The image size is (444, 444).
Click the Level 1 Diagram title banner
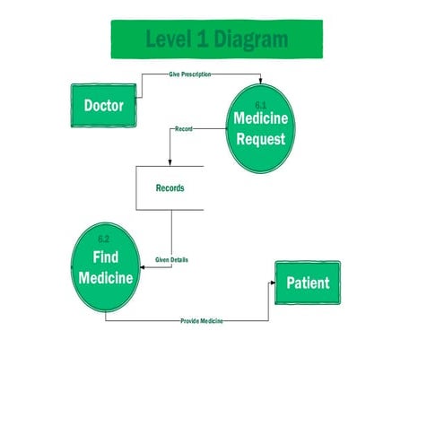pyautogui.click(x=217, y=40)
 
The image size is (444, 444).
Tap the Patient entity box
pyautogui.click(x=307, y=283)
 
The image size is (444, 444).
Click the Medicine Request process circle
pyautogui.click(x=259, y=127)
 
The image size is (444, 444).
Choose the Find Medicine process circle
pyautogui.click(x=106, y=268)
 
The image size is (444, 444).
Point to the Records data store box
pyautogui.click(x=170, y=188)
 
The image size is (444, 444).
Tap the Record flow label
pyautogui.click(x=183, y=130)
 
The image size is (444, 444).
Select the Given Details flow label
pyautogui.click(x=171, y=260)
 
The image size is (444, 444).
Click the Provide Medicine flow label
pyautogui.click(x=202, y=320)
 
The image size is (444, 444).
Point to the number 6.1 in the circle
pyautogui.click(x=261, y=106)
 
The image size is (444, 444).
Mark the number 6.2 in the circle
pyautogui.click(x=103, y=239)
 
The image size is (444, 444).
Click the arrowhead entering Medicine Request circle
pyautogui.click(x=260, y=81)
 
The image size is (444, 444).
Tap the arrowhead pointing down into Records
pyautogui.click(x=170, y=162)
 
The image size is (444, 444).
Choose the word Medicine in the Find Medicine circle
pyautogui.click(x=106, y=278)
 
